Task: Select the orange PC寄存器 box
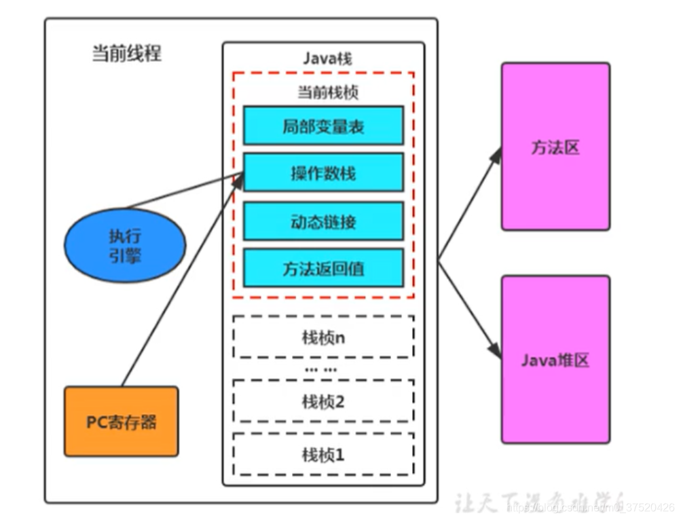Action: pyautogui.click(x=122, y=422)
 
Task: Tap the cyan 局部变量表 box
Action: pyautogui.click(x=323, y=126)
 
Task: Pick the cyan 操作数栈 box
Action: pyautogui.click(x=323, y=172)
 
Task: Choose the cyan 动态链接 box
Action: pyautogui.click(x=323, y=221)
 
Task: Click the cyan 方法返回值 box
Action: pyautogui.click(x=323, y=267)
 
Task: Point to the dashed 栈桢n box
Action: pyautogui.click(x=323, y=337)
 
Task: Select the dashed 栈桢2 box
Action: pyautogui.click(x=323, y=401)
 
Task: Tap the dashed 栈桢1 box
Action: pyautogui.click(x=323, y=453)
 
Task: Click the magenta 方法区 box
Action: pyautogui.click(x=555, y=147)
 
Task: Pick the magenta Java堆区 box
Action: pyautogui.click(x=555, y=359)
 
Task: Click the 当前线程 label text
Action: pyautogui.click(x=127, y=54)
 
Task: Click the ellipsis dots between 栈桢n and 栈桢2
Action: pyautogui.click(x=320, y=369)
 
